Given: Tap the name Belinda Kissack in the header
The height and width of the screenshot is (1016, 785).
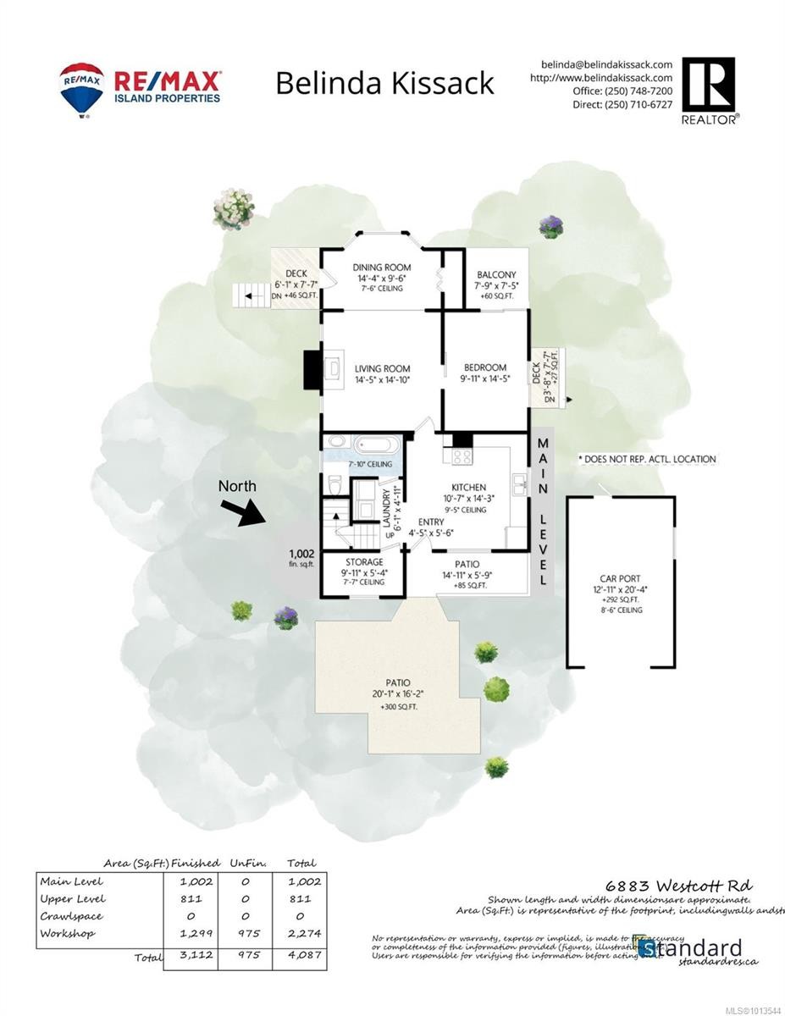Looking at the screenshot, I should click(385, 84).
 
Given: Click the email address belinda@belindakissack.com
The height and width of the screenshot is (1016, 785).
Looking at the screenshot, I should click(606, 64).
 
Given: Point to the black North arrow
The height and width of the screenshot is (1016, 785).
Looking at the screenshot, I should click(240, 511).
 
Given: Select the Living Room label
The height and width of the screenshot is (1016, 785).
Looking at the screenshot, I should click(382, 368).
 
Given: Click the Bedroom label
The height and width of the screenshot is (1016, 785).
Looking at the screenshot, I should click(485, 367).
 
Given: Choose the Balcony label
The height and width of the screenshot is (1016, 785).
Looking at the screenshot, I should click(496, 274).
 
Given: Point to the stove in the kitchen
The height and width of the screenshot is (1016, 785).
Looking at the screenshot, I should click(462, 457).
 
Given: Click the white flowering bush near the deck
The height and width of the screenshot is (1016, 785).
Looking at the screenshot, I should click(233, 207).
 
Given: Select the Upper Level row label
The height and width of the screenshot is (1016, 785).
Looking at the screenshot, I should click(73, 898).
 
